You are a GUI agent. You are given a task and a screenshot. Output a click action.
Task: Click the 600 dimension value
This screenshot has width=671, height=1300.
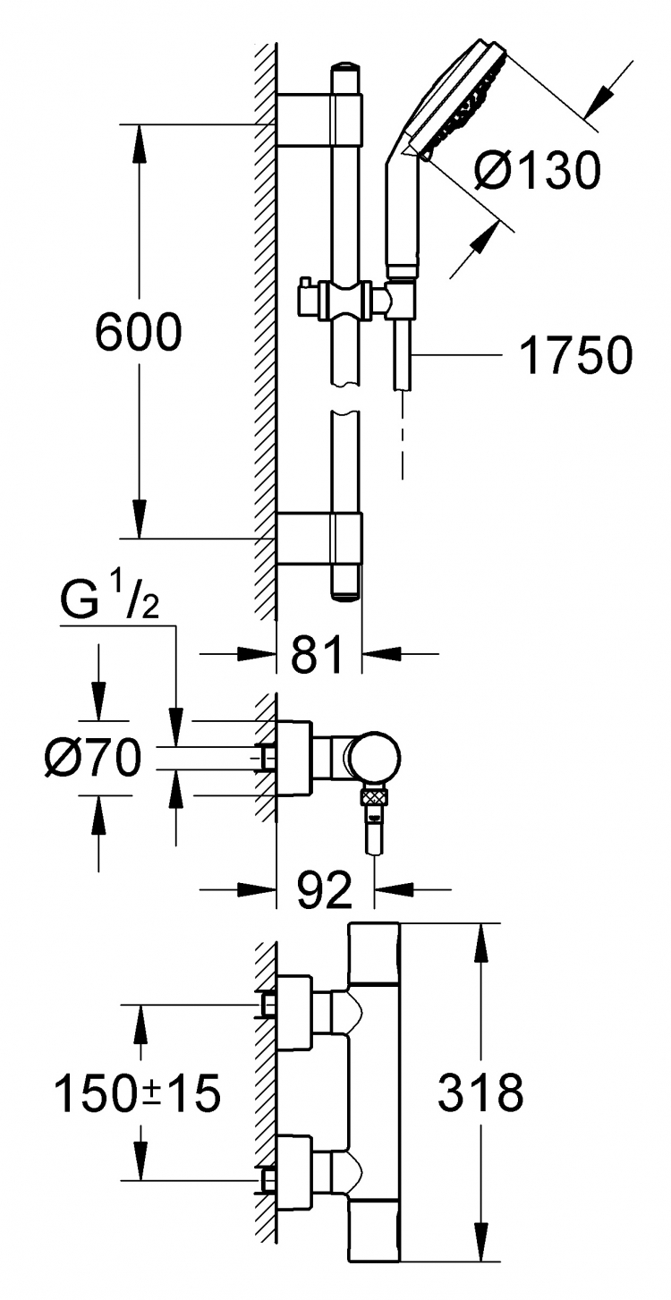pyautogui.click(x=138, y=331)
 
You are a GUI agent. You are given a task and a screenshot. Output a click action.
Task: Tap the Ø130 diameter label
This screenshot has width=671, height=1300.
pyautogui.click(x=538, y=170)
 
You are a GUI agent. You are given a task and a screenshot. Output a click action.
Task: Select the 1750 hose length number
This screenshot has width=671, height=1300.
pyautogui.click(x=575, y=354)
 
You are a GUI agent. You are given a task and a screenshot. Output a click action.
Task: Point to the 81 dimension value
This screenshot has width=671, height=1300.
pyautogui.click(x=317, y=655)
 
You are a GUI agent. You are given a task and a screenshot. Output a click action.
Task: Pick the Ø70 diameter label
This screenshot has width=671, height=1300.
pyautogui.click(x=93, y=757)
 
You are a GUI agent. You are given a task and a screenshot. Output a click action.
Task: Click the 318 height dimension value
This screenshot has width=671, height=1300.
pyautogui.click(x=480, y=1092)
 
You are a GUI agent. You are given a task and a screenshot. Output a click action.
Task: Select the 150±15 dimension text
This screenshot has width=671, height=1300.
pyautogui.click(x=137, y=1093)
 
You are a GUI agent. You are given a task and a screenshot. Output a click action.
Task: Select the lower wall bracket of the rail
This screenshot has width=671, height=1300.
pyautogui.click(x=319, y=538)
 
